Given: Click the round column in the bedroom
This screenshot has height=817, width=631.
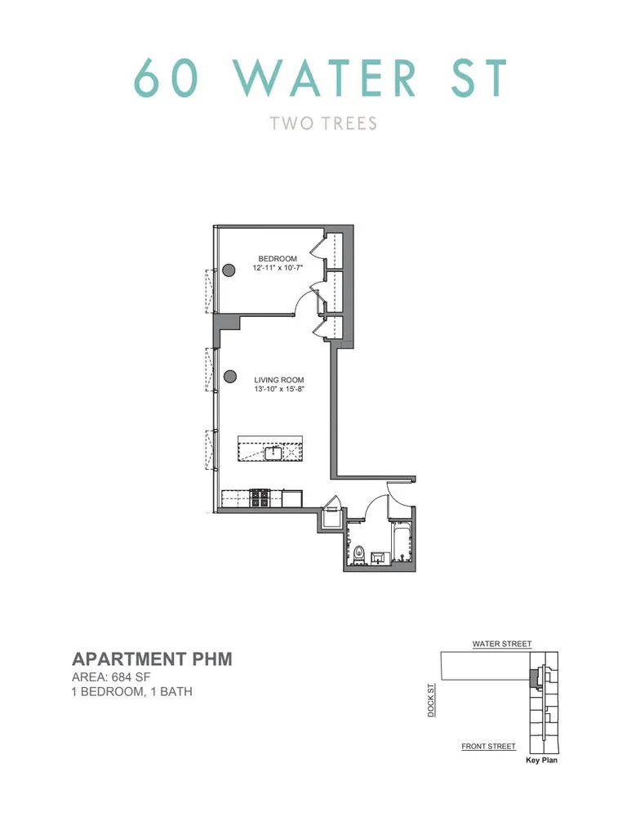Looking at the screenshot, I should click(x=230, y=270).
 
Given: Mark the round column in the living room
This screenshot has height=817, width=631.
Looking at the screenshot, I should click(x=230, y=377).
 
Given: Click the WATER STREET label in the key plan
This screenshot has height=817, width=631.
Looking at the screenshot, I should click(x=502, y=644).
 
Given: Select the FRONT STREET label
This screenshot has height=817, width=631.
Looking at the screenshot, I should click(x=488, y=746).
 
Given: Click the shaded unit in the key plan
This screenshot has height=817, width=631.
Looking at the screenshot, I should click(x=535, y=677).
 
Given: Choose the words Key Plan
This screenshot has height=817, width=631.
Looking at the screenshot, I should click(x=540, y=760).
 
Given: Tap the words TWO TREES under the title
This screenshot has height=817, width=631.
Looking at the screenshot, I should click(x=323, y=123).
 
